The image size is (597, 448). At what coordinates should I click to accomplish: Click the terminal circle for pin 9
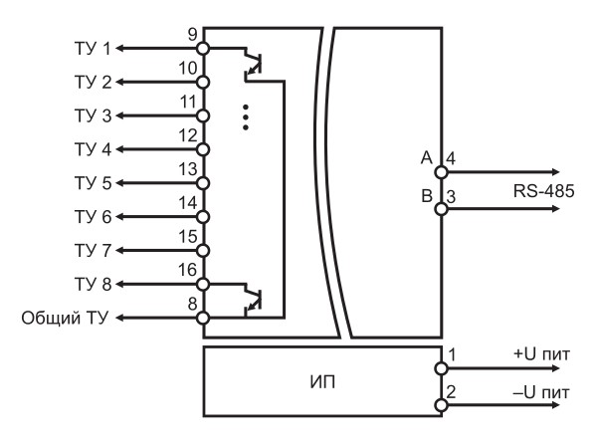click(x=203, y=49)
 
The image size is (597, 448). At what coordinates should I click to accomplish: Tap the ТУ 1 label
click(x=93, y=49)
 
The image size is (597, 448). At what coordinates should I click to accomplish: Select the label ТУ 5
click(x=93, y=183)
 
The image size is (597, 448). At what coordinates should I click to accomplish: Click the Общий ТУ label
click(x=65, y=318)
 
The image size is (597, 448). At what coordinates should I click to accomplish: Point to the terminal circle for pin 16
click(x=203, y=284)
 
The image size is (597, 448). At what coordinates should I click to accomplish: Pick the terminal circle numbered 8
click(x=203, y=318)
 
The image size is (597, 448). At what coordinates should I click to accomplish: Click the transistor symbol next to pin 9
click(x=253, y=64)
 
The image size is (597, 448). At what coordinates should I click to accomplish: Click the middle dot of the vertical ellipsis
click(x=246, y=117)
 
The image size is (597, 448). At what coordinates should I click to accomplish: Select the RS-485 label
click(x=543, y=191)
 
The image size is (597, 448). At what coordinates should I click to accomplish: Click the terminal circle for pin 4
click(x=441, y=172)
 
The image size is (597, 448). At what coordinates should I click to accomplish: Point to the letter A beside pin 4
click(x=427, y=157)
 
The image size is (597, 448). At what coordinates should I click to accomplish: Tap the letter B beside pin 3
click(x=427, y=196)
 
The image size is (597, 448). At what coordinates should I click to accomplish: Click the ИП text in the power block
click(x=322, y=382)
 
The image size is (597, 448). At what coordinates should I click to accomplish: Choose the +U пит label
click(x=542, y=354)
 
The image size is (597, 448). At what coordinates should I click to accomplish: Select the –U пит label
click(x=542, y=392)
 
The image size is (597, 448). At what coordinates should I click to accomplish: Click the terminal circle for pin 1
click(x=441, y=368)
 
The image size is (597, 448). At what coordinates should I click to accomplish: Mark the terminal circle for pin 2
click(x=441, y=405)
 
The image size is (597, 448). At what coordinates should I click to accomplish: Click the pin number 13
click(x=188, y=169)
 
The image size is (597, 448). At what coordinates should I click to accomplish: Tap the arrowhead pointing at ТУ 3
click(x=119, y=115)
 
